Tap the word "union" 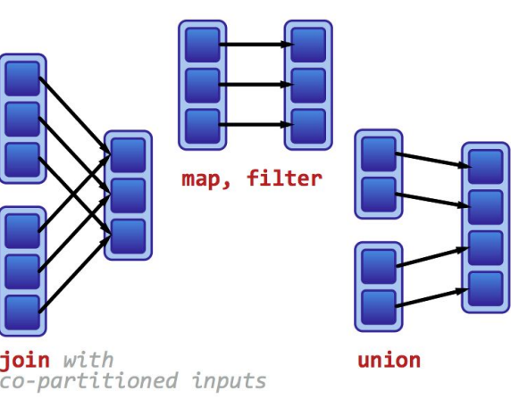pos(389,361)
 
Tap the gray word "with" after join pos(88,360)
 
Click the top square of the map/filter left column pos(203,45)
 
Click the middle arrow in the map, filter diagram pos(255,86)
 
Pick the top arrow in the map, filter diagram pos(255,43)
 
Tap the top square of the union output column pos(486,167)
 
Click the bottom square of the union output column pos(486,287)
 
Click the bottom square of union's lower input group pos(379,305)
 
